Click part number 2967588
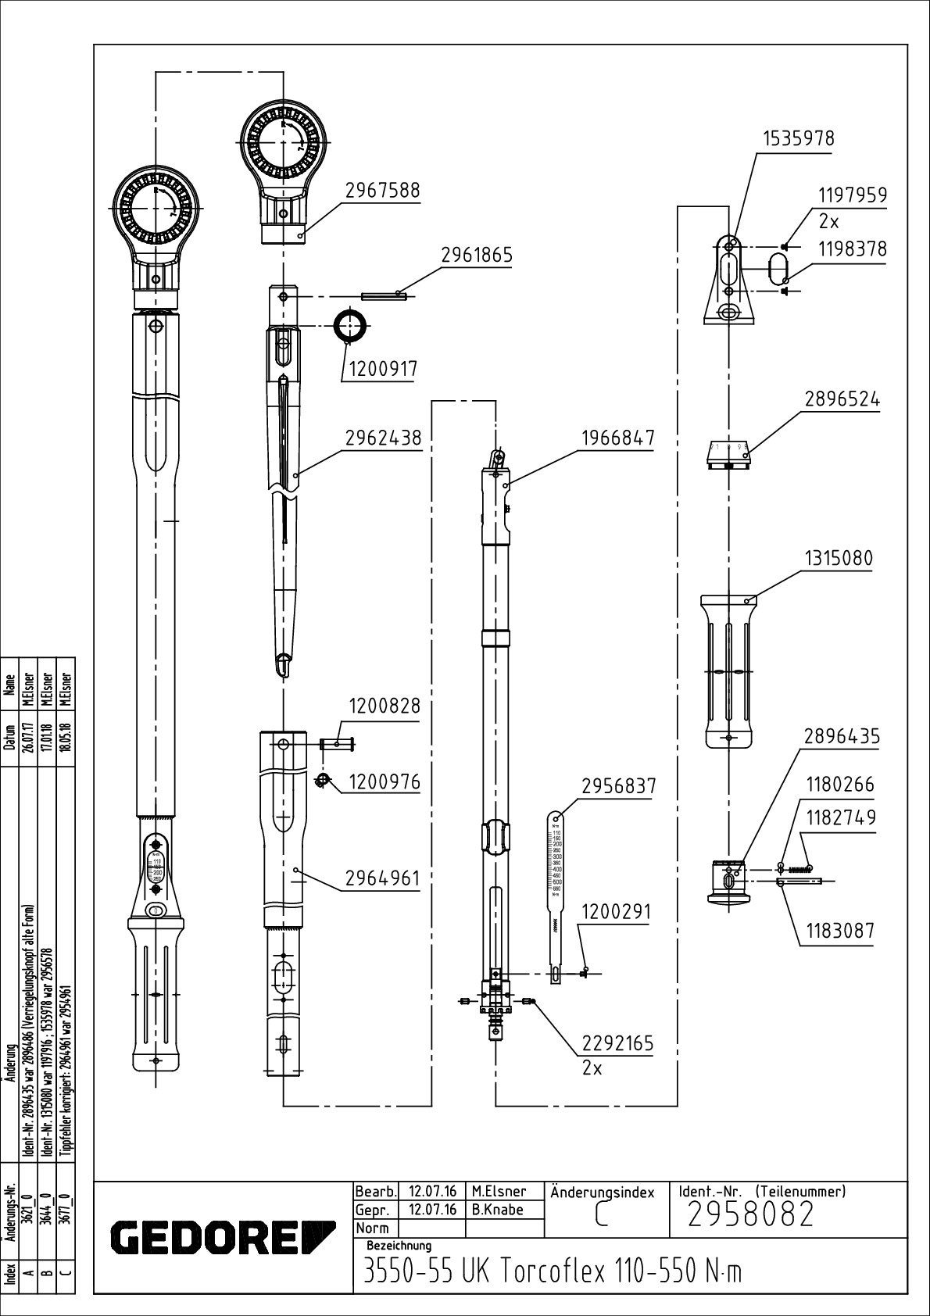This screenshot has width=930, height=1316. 382,191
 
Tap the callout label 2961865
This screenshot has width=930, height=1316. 477,256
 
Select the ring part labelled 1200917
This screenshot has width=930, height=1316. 351,324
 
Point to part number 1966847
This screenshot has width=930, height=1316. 617,438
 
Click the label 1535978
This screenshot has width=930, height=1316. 799,139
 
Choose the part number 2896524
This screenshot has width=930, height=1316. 842,399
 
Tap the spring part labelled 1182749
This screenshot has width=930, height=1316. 796,868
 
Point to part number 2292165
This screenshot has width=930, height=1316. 617,1044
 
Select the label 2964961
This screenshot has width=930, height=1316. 383,878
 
